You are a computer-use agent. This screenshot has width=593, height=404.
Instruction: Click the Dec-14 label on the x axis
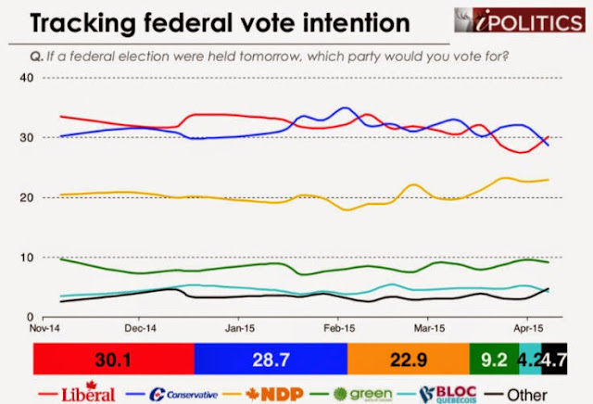pos(135,328)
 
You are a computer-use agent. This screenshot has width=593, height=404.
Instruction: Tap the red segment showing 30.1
pos(114,357)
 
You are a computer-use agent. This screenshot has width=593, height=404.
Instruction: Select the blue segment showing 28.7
pos(271,357)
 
